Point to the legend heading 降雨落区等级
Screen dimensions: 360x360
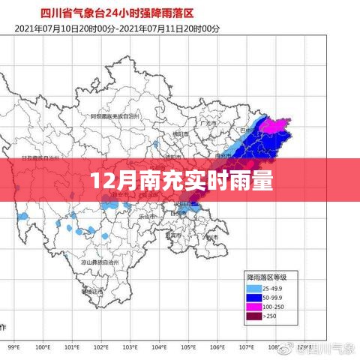(268, 277)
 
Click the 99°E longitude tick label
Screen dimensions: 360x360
(13, 347)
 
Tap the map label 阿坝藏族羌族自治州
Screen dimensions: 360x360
(112, 118)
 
